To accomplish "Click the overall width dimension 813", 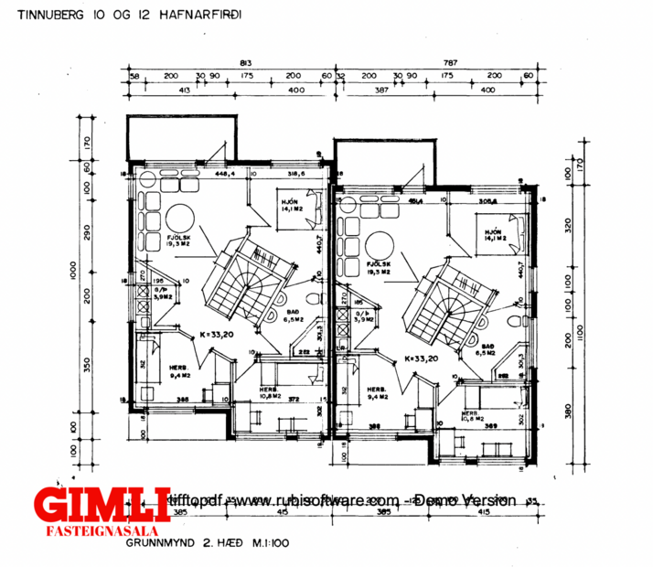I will pos(245,61).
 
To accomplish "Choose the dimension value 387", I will pos(382,90).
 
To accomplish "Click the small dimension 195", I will pos(157,282).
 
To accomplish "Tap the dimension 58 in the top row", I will pos(134,76).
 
